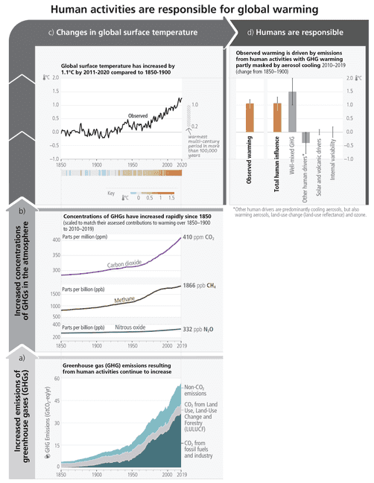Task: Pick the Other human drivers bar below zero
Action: [305, 136]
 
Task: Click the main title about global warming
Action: [186, 10]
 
